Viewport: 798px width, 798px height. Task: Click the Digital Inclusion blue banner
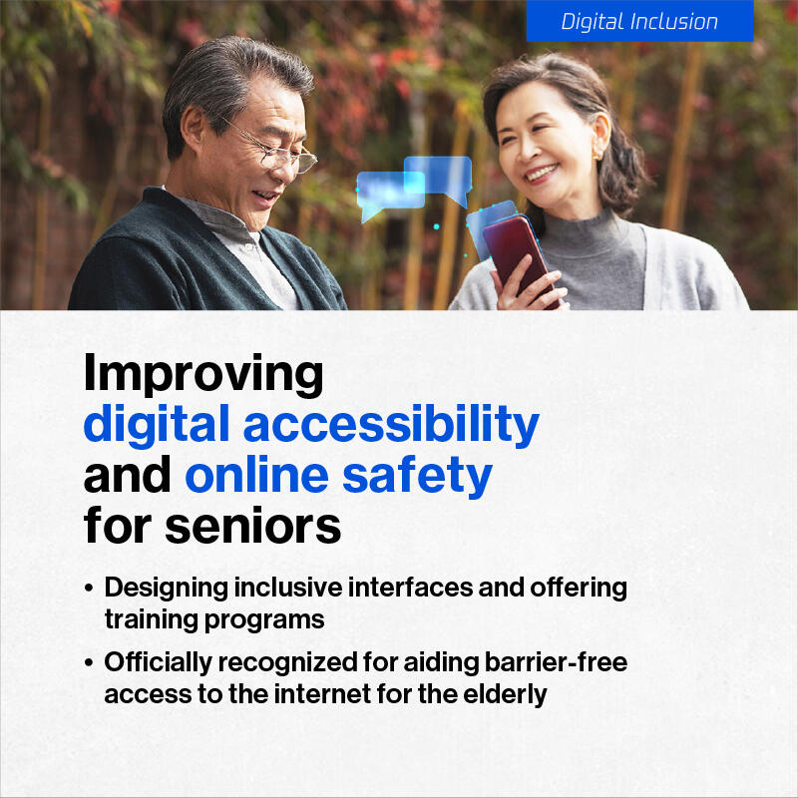click(x=639, y=21)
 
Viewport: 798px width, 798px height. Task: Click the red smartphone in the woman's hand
click(x=519, y=259)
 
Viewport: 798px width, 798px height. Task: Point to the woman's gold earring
click(x=597, y=154)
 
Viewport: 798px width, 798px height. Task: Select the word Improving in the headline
click(x=203, y=375)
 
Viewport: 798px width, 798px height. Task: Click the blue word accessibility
click(x=391, y=425)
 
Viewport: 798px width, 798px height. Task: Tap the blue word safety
click(x=417, y=476)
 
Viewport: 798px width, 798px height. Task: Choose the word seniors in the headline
click(x=253, y=526)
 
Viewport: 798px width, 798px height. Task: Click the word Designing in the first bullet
click(x=167, y=589)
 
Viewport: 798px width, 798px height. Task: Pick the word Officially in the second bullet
click(x=158, y=662)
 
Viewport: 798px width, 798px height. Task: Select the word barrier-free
click(x=556, y=662)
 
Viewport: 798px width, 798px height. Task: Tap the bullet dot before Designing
click(x=89, y=589)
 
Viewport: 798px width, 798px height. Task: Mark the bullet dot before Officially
click(x=89, y=662)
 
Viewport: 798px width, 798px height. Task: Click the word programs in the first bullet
click(x=264, y=620)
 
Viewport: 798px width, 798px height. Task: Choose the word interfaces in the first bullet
click(x=410, y=588)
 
